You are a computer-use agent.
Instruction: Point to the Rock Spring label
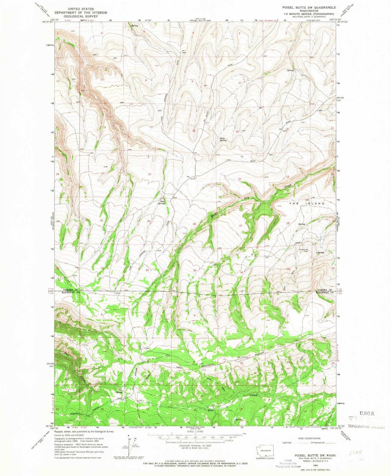tap(223, 139)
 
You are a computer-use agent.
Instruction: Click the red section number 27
tap(241, 226)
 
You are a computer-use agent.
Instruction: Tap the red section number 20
tap(149, 174)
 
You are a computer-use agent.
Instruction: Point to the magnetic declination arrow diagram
tap(129, 444)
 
